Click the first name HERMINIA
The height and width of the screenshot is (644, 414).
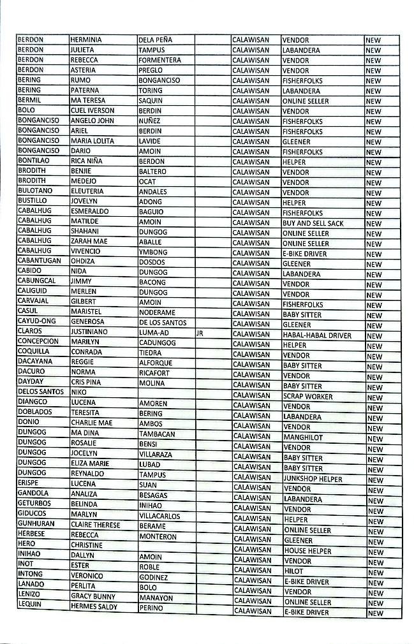click(86, 40)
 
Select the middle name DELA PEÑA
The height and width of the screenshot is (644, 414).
click(155, 40)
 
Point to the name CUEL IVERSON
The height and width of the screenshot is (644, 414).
click(92, 110)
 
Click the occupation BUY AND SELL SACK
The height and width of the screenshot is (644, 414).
click(313, 223)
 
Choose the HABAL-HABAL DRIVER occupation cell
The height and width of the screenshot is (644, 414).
click(316, 335)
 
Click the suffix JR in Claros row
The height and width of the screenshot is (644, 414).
click(200, 333)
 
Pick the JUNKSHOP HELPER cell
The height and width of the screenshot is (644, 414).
click(313, 479)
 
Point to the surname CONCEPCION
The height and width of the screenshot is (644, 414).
click(38, 341)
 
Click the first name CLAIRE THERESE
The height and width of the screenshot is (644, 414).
click(95, 525)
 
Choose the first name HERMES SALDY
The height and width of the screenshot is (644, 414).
click(94, 606)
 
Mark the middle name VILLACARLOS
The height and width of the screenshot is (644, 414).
click(159, 516)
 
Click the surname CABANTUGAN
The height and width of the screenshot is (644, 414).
click(40, 260)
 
